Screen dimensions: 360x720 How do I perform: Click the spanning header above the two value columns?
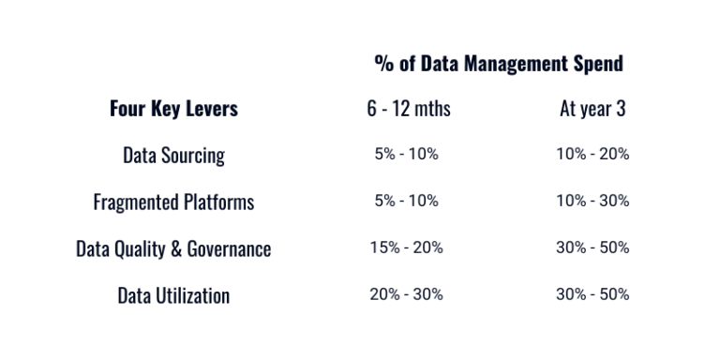pyautogui.click(x=526, y=63)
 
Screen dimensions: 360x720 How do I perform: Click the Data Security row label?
pyautogui.click(x=173, y=155)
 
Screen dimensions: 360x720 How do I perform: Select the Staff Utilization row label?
pyautogui.click(x=173, y=295)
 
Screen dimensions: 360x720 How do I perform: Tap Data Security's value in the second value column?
pyautogui.click(x=592, y=155)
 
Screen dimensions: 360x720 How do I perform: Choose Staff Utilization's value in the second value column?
pyautogui.click(x=592, y=295)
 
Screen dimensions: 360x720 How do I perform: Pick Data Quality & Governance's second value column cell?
pyautogui.click(x=592, y=248)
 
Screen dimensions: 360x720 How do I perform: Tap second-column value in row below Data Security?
pyautogui.click(x=592, y=202)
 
